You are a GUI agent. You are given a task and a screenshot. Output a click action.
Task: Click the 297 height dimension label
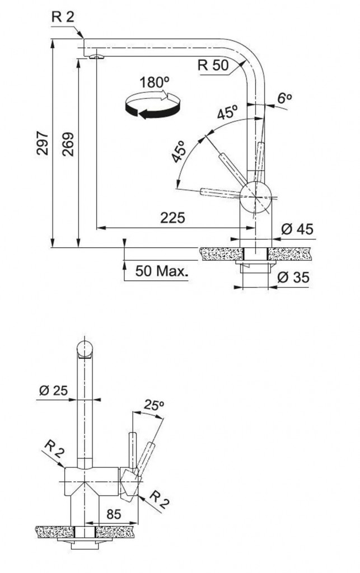[x=43, y=143]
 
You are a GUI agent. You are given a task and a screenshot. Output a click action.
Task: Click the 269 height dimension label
[x=68, y=144]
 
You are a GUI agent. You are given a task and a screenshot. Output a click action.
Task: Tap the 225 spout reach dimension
[x=173, y=218]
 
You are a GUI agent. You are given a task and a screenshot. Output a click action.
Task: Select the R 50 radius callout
[x=213, y=65]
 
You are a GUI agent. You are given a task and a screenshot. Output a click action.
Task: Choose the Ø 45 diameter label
[x=297, y=229]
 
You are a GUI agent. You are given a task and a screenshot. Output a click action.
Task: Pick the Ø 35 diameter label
[x=293, y=278]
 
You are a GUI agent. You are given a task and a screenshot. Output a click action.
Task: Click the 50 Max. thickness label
[x=162, y=271]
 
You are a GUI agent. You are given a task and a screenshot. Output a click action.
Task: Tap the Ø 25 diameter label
[x=53, y=390]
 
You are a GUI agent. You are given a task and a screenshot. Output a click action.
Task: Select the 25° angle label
[x=154, y=405]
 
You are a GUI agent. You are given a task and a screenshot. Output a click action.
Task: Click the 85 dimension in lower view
[x=114, y=514]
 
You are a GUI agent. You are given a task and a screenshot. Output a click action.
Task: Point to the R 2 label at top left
[x=63, y=17]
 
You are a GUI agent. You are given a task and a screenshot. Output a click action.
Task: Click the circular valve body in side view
[x=255, y=197]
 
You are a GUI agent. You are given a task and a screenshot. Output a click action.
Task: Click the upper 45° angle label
[x=227, y=112]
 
